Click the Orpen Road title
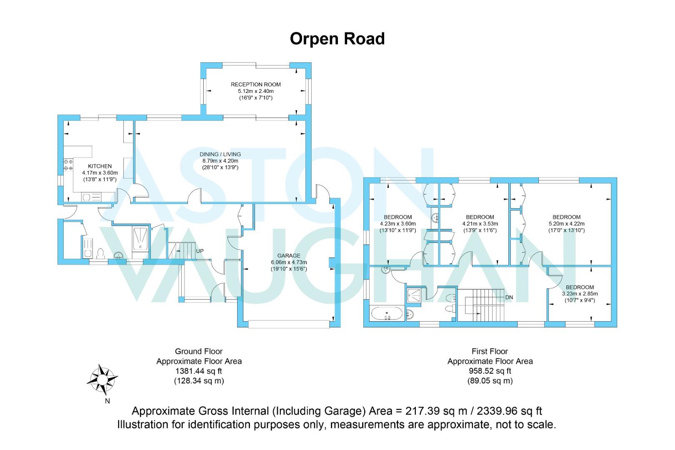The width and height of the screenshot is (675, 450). point(337,39)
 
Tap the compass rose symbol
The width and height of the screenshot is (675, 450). point(102,380)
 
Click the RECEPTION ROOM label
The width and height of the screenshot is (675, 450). point(255,85)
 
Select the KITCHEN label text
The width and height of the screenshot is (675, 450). point(100,166)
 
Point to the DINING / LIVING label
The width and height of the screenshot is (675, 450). point(220,154)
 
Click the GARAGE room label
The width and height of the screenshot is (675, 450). point(289,255)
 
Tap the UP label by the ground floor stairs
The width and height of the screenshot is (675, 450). point(200,251)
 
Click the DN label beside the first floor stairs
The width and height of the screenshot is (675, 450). point(509,297)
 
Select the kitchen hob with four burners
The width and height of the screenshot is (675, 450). point(68,165)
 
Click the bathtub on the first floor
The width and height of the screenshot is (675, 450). point(387,313)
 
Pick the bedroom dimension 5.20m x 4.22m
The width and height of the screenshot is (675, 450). point(566,224)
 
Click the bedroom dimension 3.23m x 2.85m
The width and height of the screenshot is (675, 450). point(580,294)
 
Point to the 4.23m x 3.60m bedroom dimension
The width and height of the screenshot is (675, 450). point(398,224)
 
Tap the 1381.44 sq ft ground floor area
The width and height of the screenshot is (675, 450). point(199,371)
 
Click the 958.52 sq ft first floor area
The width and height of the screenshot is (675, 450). point(490,371)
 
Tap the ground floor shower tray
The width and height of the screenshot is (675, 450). point(140,239)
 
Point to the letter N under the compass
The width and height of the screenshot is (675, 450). point(107,401)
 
